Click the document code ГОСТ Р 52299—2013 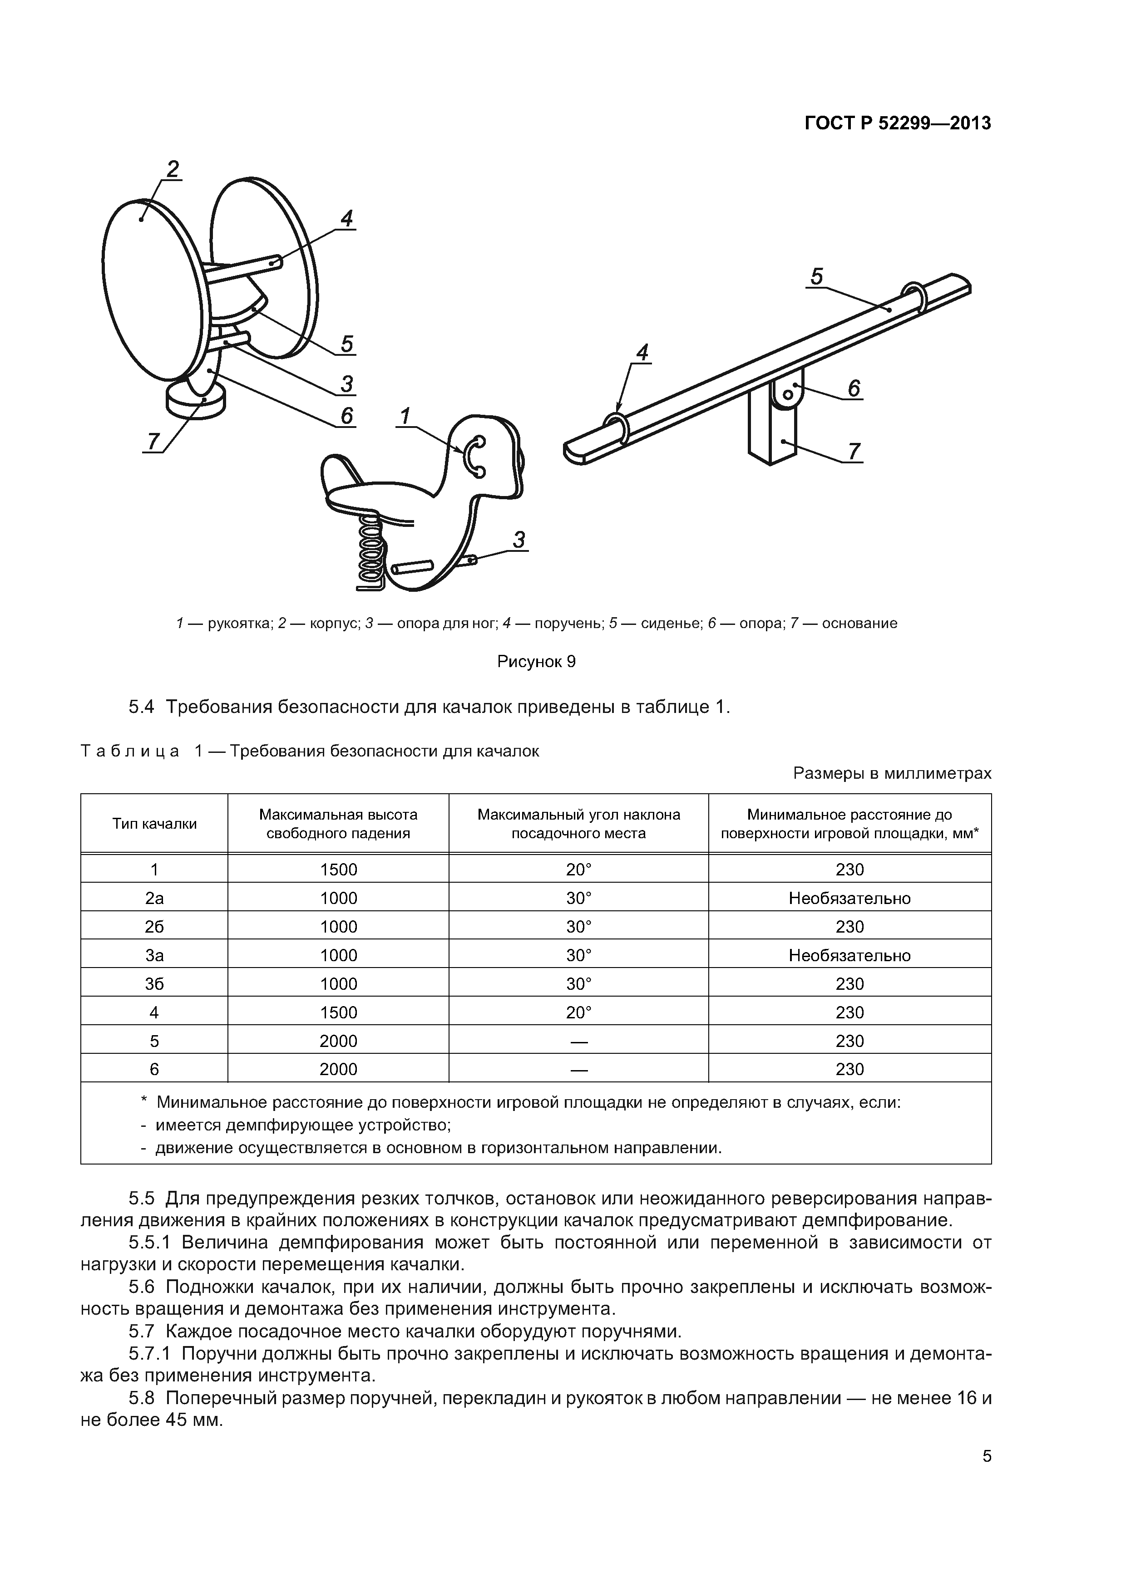[897, 123]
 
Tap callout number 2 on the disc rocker [173, 168]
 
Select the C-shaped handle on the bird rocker [474, 456]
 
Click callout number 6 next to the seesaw [853, 389]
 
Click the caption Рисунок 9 [536, 662]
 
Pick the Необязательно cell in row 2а [849, 898]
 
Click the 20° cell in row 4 [578, 1012]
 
